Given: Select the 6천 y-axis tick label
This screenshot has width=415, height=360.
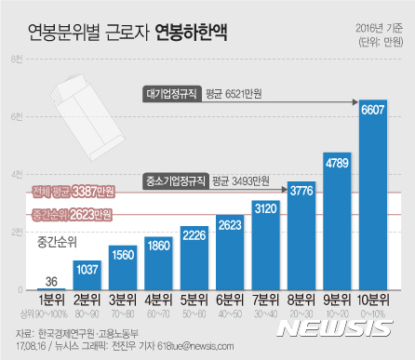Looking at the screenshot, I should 18,117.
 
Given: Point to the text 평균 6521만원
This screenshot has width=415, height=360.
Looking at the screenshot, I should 240,93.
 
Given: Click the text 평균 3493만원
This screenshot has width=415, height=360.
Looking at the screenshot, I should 241,180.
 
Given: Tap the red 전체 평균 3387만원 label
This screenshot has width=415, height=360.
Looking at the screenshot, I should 72,193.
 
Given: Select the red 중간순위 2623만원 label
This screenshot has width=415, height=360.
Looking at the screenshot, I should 72,215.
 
